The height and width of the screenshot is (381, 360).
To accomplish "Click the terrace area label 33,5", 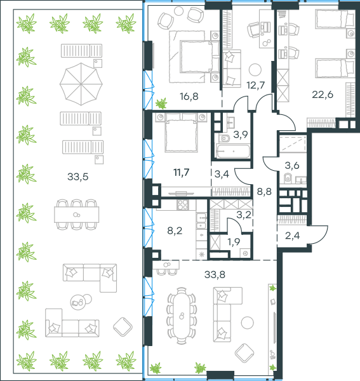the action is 77,177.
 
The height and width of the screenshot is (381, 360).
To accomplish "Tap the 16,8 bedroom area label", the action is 189,97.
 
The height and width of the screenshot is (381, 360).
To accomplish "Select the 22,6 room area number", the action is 323,94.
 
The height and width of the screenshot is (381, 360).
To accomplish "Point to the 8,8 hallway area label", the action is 264,192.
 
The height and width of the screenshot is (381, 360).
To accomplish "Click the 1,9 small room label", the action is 234,242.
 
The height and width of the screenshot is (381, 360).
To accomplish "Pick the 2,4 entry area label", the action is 292,236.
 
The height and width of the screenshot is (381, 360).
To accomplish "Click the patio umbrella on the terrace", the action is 81,84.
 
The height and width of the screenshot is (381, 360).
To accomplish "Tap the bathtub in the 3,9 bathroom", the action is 233,151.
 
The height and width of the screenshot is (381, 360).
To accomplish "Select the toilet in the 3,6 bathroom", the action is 288,178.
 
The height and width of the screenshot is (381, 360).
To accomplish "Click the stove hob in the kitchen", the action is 182,204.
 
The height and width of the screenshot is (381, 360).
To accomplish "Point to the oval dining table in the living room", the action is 182,316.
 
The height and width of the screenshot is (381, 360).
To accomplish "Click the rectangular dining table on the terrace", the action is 77,215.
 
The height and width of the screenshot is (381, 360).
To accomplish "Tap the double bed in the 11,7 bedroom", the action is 181,133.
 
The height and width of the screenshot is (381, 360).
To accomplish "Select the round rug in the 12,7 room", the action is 255,70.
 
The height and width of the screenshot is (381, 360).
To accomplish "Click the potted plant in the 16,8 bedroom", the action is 161,104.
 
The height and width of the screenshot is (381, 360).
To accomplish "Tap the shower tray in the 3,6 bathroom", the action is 293,145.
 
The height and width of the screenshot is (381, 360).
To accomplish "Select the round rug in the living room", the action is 247,323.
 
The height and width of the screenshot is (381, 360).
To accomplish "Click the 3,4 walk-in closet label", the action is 222,174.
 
